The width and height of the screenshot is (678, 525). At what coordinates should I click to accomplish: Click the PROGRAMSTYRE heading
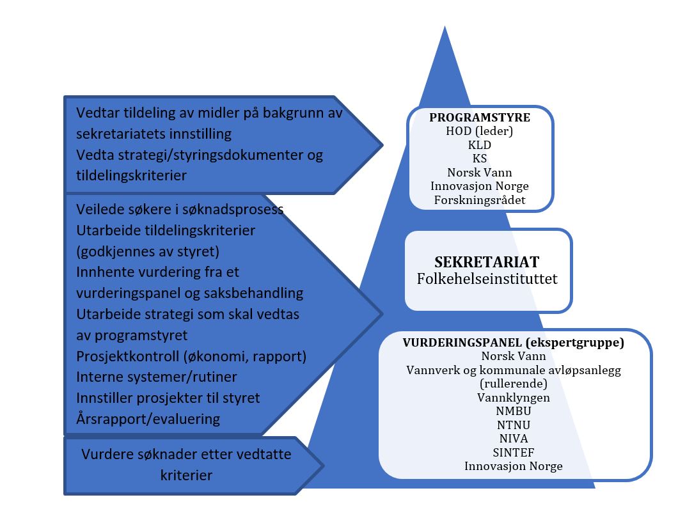point(480,118)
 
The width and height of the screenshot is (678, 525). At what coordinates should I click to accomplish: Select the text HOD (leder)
point(480,132)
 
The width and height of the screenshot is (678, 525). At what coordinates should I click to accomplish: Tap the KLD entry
point(480,145)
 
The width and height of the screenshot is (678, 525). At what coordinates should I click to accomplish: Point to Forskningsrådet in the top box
point(480,200)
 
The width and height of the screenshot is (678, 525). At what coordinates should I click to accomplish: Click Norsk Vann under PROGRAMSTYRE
point(480,172)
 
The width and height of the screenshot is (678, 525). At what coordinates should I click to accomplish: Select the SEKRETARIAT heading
point(487,262)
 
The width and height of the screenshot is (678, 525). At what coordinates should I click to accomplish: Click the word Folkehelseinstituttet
point(487,279)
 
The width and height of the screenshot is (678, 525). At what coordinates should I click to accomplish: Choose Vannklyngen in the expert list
point(514,398)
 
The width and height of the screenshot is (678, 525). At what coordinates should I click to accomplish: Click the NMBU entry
point(514,411)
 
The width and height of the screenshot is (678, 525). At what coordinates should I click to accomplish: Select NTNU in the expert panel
point(514,425)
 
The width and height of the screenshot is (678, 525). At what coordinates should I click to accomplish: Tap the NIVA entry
point(514,439)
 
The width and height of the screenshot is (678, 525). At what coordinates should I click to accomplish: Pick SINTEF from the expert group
point(514,452)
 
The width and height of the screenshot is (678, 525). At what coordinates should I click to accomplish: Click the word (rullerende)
point(514,384)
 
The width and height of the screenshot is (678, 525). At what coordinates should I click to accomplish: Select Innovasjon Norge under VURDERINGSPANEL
point(514,466)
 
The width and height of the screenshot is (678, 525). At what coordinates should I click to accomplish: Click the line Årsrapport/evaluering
point(148,419)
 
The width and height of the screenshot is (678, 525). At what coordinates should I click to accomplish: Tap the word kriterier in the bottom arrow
point(186,475)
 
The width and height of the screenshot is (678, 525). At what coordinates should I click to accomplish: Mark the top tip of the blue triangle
point(444,27)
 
